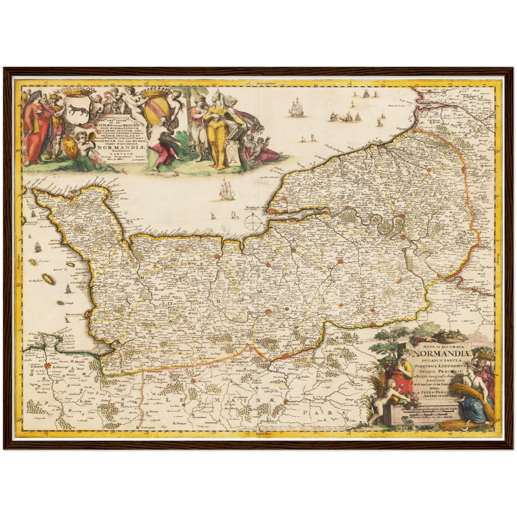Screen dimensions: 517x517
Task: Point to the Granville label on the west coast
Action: pos(74,315)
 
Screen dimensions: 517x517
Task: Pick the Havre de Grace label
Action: pos(257,207)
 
